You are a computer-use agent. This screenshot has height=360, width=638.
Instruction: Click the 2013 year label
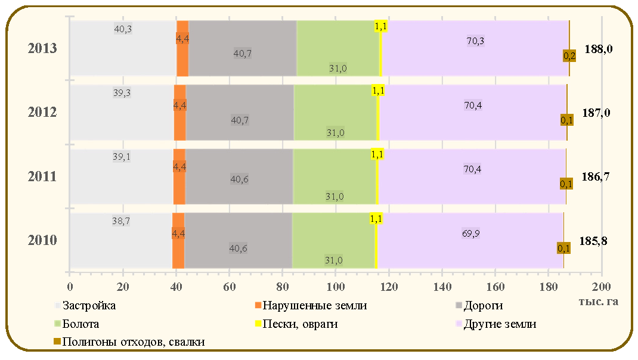click(x=42, y=48)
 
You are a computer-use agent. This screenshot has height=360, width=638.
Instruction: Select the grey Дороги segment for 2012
click(x=240, y=112)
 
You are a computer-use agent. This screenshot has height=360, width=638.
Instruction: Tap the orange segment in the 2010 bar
click(x=178, y=240)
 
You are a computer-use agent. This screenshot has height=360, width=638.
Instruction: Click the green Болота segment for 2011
click(x=335, y=176)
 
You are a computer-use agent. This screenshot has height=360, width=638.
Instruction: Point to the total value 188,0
click(x=599, y=49)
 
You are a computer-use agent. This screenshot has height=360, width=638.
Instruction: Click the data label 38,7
click(x=121, y=221)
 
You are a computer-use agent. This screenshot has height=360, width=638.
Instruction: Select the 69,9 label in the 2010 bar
click(x=471, y=234)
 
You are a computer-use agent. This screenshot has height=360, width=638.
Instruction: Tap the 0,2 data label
click(x=569, y=56)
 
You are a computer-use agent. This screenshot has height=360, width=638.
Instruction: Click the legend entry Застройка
click(x=85, y=306)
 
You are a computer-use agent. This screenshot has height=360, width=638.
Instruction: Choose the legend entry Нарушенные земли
click(x=311, y=306)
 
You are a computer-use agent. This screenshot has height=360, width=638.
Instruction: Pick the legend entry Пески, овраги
click(x=296, y=324)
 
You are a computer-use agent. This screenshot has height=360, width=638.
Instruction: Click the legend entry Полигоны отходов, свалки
click(x=129, y=342)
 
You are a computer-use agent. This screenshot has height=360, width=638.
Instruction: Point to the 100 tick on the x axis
click(x=336, y=287)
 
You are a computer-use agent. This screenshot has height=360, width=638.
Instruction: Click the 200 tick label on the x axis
click(x=602, y=287)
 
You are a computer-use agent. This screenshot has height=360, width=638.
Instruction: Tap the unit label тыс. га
click(x=599, y=302)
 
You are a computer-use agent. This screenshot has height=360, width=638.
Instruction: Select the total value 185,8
click(x=593, y=241)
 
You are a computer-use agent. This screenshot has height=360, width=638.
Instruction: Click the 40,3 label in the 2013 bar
click(x=123, y=29)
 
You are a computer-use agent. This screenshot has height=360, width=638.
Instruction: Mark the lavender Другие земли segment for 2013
click(x=475, y=48)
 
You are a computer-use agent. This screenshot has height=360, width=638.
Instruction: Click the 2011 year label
click(x=42, y=176)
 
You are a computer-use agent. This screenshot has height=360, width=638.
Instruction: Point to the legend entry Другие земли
click(x=496, y=324)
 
